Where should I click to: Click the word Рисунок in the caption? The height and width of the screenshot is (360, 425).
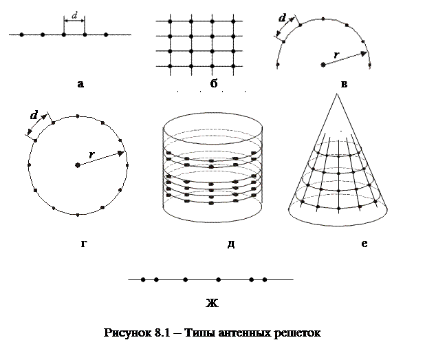click(128, 334)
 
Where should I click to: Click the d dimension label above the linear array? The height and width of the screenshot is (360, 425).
click(74, 15)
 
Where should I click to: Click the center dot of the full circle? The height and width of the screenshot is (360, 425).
click(78, 165)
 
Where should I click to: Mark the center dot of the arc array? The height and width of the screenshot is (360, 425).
click(323, 65)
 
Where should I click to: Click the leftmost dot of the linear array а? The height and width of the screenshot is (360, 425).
click(21, 34)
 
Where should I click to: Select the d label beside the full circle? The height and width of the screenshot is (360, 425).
click(33, 115)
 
